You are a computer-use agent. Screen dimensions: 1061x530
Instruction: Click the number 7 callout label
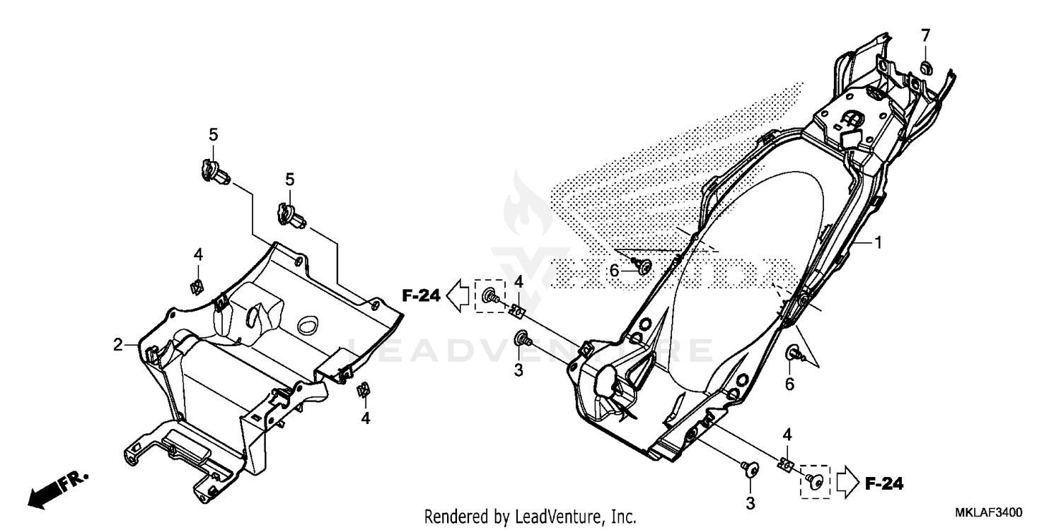(x=925, y=35)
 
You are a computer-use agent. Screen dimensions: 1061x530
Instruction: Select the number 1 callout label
(x=878, y=243)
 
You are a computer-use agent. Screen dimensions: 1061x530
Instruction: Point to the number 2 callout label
(x=117, y=345)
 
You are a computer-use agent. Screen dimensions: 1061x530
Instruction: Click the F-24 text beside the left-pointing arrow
(x=422, y=296)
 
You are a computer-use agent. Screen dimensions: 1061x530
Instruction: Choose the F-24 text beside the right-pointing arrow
(x=884, y=484)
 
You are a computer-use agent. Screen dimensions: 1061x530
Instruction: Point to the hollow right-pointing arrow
(x=847, y=483)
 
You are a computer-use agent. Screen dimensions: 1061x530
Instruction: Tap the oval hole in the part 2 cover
(x=308, y=326)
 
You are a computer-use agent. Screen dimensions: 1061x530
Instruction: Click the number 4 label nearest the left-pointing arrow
(x=518, y=282)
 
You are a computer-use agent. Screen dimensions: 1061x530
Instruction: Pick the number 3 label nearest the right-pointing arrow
(x=750, y=503)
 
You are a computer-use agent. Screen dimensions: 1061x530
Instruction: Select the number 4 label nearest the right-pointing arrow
(x=787, y=433)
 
